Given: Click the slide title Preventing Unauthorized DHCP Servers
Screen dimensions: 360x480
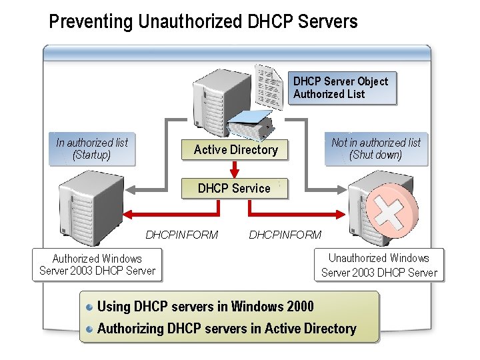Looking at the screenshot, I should click(203, 21).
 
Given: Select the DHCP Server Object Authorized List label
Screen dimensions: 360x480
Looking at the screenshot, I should click(341, 88).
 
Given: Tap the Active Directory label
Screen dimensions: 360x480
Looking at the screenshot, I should click(235, 150).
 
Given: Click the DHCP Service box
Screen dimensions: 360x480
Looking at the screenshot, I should click(234, 189).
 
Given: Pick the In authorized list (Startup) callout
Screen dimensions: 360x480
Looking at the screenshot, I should click(92, 149).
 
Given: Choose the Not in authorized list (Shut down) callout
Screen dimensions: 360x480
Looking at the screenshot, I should click(376, 149).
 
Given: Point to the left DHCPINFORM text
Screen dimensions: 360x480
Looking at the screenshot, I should click(181, 235).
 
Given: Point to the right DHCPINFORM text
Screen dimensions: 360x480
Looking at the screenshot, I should click(285, 235).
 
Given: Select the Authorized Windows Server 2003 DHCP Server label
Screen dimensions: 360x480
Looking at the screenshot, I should click(97, 265).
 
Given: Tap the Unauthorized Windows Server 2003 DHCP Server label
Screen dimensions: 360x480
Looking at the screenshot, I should click(379, 265).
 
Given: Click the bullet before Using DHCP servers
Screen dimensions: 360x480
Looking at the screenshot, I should click(90, 307).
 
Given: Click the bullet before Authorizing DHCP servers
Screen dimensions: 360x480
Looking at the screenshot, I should click(90, 329).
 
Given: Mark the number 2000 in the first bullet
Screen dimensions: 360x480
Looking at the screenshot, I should click(299, 307).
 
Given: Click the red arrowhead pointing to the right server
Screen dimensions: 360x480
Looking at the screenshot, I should click(341, 215).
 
